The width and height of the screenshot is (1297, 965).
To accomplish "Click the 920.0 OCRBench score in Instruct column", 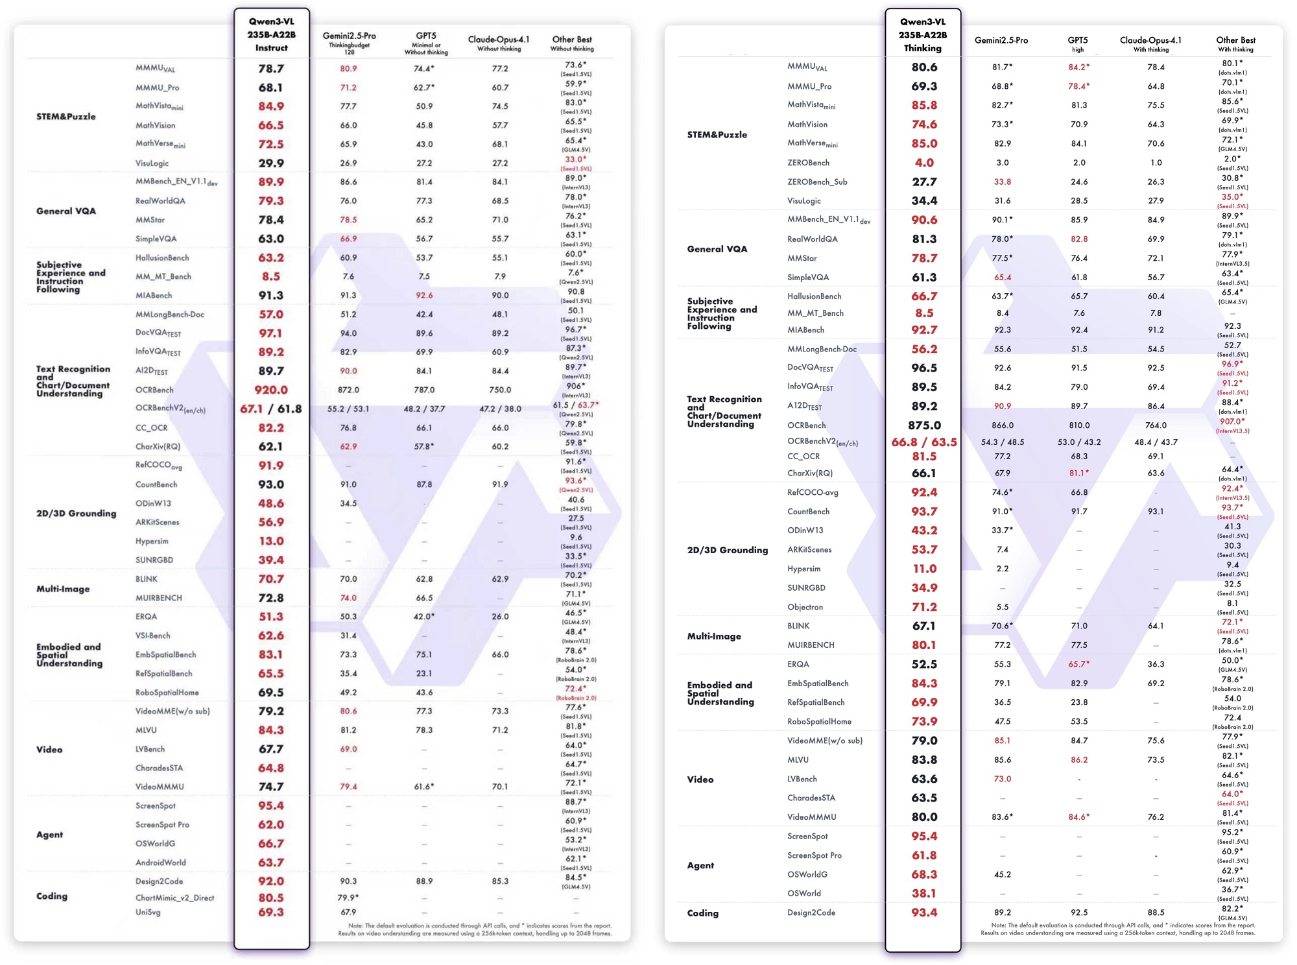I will (x=271, y=390).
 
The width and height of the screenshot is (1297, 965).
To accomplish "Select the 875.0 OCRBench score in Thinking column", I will (x=924, y=425).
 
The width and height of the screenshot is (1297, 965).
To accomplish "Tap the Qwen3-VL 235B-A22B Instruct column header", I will (x=271, y=34).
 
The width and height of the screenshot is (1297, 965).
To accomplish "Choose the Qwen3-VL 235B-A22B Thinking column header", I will (x=923, y=34).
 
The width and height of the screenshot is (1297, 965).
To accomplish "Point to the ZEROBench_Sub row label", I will (x=817, y=182).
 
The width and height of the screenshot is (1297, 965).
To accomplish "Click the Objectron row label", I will (x=805, y=607).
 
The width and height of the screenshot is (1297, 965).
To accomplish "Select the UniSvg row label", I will (x=148, y=912).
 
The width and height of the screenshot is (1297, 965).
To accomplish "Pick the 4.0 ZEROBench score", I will (x=924, y=163).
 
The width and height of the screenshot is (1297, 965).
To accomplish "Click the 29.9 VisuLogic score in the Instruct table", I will (x=271, y=163).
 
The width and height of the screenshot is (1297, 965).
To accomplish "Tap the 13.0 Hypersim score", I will (x=271, y=541).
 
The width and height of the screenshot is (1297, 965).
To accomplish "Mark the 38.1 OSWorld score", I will (x=924, y=893).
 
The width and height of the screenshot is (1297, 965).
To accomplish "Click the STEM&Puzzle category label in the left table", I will (x=66, y=117).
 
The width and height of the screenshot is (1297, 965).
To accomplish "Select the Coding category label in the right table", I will (x=703, y=912).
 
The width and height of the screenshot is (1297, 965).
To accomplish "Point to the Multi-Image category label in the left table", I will (x=63, y=589).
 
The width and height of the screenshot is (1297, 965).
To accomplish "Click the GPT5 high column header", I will (x=1078, y=43).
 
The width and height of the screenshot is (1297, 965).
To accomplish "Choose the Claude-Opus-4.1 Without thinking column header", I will (x=499, y=43).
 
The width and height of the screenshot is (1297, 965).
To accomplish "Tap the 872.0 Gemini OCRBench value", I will (x=348, y=390).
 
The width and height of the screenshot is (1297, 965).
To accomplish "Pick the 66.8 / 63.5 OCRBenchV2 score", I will (x=924, y=442).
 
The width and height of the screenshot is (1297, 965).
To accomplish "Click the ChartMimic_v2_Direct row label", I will (x=174, y=898).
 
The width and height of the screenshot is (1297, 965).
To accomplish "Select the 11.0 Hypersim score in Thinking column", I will (x=924, y=569).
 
